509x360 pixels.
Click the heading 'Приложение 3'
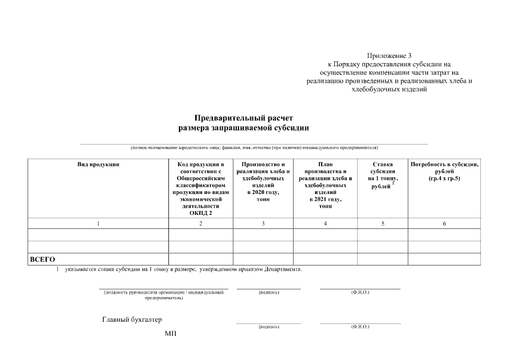pyautogui.click(x=389, y=56)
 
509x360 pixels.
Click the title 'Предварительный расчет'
pyautogui.click(x=244, y=118)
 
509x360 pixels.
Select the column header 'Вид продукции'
pyautogui.click(x=98, y=164)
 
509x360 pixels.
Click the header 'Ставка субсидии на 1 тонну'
pyautogui.click(x=382, y=175)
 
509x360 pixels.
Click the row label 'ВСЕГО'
pyautogui.click(x=42, y=259)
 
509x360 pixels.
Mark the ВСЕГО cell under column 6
pyautogui.click(x=444, y=259)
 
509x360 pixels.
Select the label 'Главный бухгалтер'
pyautogui.click(x=132, y=319)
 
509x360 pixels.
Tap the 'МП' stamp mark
pyautogui.click(x=170, y=334)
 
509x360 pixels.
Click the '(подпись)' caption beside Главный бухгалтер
pyautogui.click(x=268, y=327)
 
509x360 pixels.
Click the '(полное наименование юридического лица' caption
pyautogui.click(x=254, y=147)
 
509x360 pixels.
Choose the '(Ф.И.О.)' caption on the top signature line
pyautogui.click(x=360, y=292)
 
